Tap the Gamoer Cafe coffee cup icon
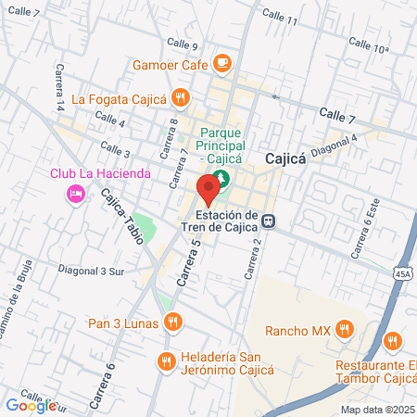221,63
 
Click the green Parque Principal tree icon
246,178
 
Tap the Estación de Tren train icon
268,221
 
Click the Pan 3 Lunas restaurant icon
171,322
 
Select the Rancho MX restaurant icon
344,328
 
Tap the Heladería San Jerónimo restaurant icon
166,361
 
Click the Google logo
30,404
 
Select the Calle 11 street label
280,16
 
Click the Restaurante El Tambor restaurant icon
392,343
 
